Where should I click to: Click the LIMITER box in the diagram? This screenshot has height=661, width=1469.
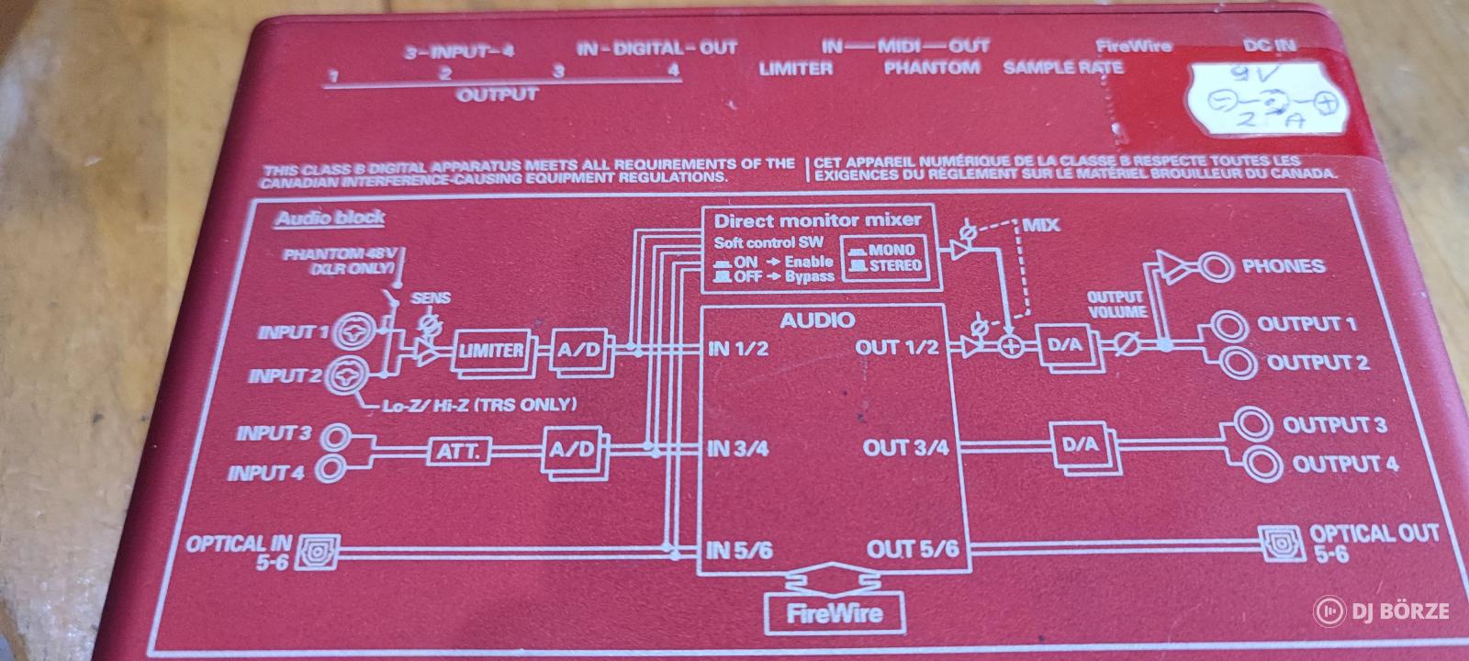(491, 351)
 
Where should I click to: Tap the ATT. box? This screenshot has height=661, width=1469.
(457, 451)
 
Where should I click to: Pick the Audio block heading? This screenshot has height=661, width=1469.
(329, 218)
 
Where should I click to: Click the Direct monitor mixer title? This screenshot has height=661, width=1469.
(816, 220)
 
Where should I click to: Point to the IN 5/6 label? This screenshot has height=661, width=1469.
(739, 551)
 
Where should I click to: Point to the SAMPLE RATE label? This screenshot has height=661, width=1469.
(1062, 68)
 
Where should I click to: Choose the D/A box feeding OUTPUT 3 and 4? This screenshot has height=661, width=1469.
(1080, 444)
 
